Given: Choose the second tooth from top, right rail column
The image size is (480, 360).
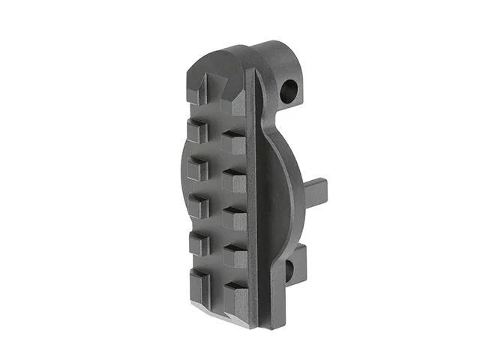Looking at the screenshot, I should [x=234, y=143].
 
